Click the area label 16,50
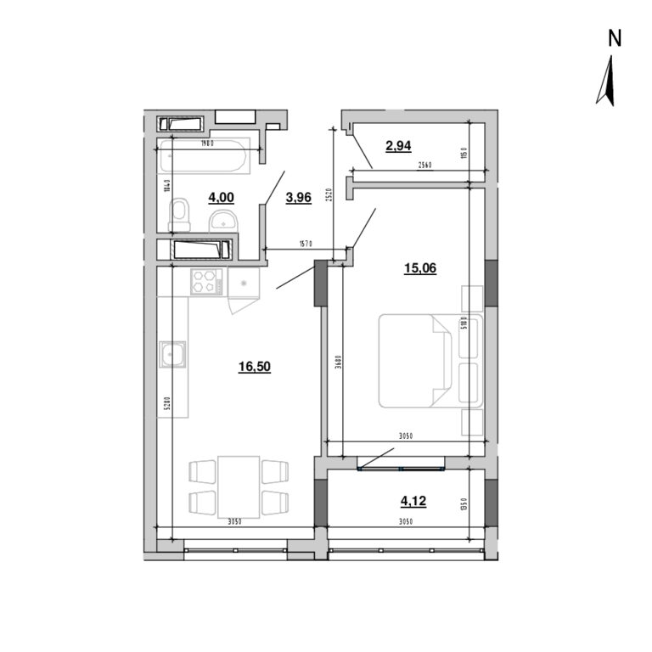point(255,367)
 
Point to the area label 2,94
point(398,145)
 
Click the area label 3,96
point(299,198)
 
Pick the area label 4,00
point(221,198)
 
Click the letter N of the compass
point(615,38)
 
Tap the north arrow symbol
point(606,81)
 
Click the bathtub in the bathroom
point(205,157)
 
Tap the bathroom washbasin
point(226,221)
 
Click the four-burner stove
point(205,281)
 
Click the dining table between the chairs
point(239,486)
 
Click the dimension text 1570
point(306,244)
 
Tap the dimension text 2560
point(425,166)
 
